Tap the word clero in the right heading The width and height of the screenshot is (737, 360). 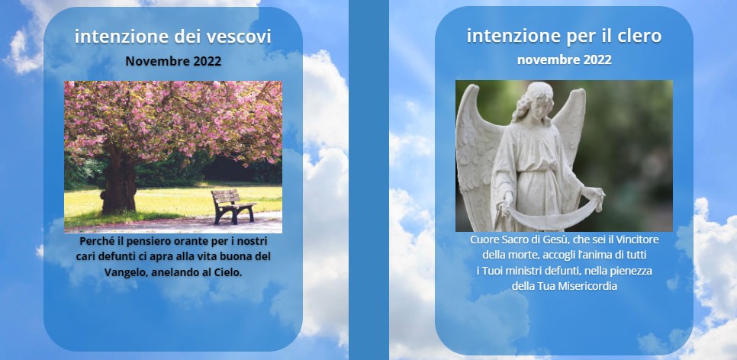(x=639, y=36)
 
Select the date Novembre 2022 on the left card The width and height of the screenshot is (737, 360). (x=173, y=61)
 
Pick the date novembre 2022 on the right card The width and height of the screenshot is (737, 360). (x=565, y=60)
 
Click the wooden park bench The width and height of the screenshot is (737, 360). (x=233, y=206)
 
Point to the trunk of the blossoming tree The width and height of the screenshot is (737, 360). (x=118, y=181)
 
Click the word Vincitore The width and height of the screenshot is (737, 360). (x=637, y=239)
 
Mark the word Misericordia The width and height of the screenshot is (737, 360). (x=587, y=286)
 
